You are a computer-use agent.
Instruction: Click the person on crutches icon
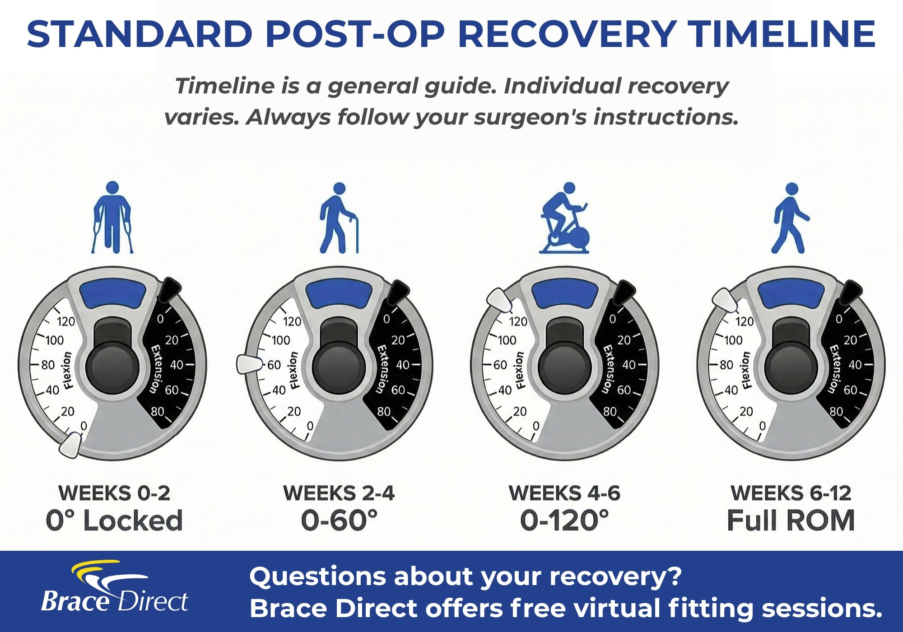pyautogui.click(x=112, y=217)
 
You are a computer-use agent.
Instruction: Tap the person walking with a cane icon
pyautogui.click(x=339, y=218)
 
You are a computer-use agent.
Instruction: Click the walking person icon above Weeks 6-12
pyautogui.click(x=791, y=218)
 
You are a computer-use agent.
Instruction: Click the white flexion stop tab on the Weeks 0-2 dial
pyautogui.click(x=70, y=445)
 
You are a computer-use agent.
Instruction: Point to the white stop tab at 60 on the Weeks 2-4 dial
pyautogui.click(x=249, y=364)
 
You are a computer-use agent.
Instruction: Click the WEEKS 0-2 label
pyautogui.click(x=114, y=493)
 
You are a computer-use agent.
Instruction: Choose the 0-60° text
pyautogui.click(x=339, y=520)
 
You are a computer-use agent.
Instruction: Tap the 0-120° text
pyautogui.click(x=564, y=520)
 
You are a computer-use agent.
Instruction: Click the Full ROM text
pyautogui.click(x=791, y=520)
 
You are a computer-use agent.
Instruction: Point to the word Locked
pyautogui.click(x=133, y=520)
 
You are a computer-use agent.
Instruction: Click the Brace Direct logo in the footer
pyautogui.click(x=114, y=586)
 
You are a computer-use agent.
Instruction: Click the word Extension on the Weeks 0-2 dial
pyautogui.click(x=155, y=369)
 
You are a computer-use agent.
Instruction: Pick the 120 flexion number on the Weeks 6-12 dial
pyautogui.click(x=745, y=321)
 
